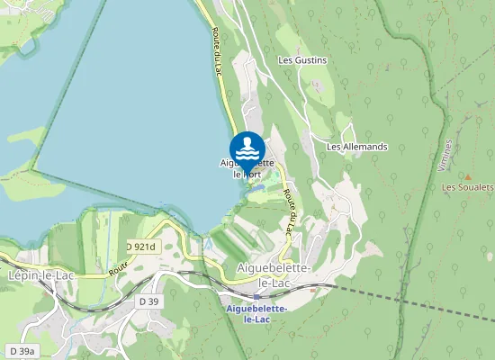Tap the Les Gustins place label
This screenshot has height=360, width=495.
tap(303, 60)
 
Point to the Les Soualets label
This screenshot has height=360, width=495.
tap(468, 187)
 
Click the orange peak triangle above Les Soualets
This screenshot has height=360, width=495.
tap(467, 175)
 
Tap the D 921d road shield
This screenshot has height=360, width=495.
tap(140, 247)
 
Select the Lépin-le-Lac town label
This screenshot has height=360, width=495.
tap(40, 275)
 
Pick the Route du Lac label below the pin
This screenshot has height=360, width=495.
tap(288, 213)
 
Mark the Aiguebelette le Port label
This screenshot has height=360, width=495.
tap(247, 168)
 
